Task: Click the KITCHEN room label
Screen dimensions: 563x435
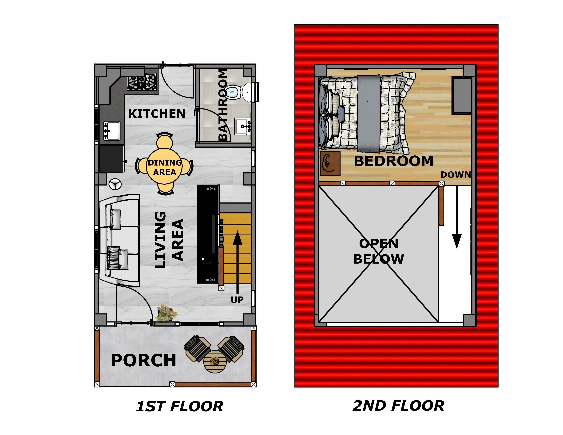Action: point(157,114)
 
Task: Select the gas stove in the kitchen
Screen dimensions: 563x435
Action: point(142,82)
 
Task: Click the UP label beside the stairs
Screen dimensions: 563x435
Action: point(237,300)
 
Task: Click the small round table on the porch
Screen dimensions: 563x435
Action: point(215,362)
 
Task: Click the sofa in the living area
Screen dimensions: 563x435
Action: point(119,240)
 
